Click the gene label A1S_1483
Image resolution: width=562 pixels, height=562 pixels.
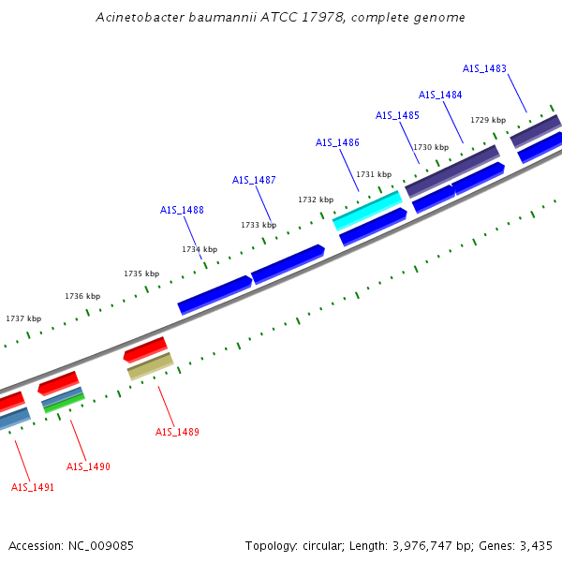click(x=484, y=68)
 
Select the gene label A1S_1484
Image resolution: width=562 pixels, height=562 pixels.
click(x=440, y=95)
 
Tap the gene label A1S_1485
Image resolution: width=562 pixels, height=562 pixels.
click(x=397, y=115)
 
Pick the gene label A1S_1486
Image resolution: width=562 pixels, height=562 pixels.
click(x=337, y=142)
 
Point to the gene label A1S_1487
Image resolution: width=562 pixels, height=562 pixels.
click(x=254, y=180)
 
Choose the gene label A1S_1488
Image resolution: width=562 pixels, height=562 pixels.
click(x=182, y=210)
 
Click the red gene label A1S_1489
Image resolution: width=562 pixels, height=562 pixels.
click(x=177, y=432)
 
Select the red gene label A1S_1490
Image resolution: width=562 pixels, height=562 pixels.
click(x=88, y=466)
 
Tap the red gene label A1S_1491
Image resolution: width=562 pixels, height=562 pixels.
click(x=33, y=487)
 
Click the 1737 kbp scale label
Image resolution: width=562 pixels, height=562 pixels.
click(x=23, y=318)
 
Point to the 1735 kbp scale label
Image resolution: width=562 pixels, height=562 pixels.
click(x=141, y=274)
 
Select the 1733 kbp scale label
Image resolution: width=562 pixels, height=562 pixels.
click(x=259, y=225)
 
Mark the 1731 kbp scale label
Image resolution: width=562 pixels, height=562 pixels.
click(x=374, y=174)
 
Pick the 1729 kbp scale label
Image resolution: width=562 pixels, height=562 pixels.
click(x=488, y=120)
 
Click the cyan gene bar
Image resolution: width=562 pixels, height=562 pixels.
click(x=367, y=210)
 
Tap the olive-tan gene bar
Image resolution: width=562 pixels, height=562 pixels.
click(x=150, y=365)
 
